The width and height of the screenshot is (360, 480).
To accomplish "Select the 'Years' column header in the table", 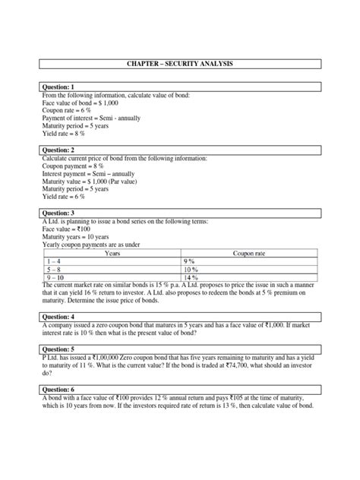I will pyautogui.click(x=112, y=254).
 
